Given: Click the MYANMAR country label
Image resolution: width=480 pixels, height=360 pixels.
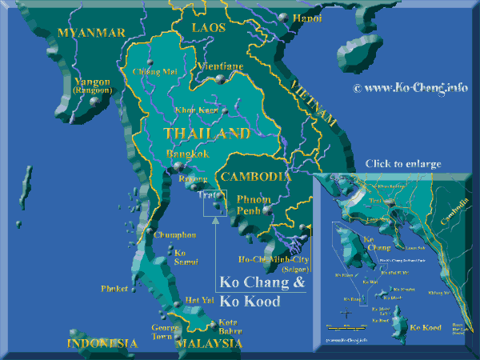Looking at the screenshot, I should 93,33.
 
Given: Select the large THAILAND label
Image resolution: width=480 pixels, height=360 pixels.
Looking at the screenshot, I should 206,134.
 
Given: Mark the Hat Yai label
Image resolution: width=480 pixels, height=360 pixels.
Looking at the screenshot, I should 198,300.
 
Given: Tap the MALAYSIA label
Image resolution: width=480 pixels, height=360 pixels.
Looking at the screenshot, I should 209,343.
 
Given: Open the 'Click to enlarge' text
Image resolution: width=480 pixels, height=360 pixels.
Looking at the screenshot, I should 402,164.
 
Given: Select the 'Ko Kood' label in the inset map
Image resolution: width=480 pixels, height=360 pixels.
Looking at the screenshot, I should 425,327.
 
